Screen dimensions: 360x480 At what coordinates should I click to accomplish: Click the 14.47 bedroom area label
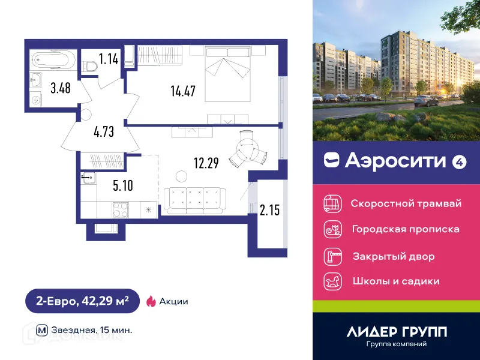(x=184, y=92)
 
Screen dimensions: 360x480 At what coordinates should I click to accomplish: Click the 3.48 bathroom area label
(x=60, y=88)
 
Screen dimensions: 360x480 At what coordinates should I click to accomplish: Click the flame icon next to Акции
(x=151, y=301)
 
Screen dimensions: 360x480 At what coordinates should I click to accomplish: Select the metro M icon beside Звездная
(x=42, y=330)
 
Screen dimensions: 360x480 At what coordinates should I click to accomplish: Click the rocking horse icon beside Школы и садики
(x=332, y=281)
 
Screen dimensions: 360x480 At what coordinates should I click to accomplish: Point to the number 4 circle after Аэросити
(x=459, y=161)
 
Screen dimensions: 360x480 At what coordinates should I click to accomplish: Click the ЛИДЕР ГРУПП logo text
(x=397, y=332)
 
